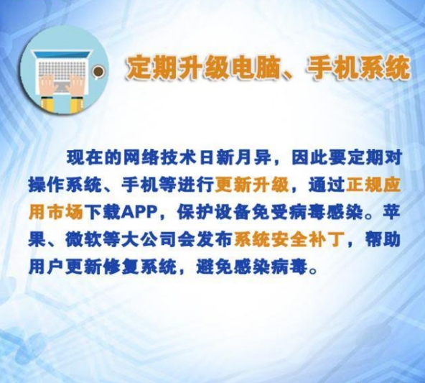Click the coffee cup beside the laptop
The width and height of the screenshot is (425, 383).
click(98, 72)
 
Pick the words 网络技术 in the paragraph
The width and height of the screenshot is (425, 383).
click(159, 157)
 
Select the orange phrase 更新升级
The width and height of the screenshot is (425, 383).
click(252, 185)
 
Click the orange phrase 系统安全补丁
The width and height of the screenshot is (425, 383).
click(289, 240)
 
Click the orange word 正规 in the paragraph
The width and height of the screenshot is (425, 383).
click(363, 185)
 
